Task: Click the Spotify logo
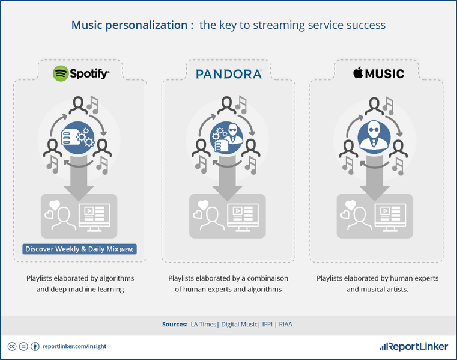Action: [81, 73]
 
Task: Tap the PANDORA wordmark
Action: [229, 74]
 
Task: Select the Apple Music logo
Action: [378, 73]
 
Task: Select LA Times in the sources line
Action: [204, 325]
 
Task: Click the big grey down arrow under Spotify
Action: [77, 180]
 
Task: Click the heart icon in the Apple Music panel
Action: [347, 212]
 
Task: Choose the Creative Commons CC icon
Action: [11, 346]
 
